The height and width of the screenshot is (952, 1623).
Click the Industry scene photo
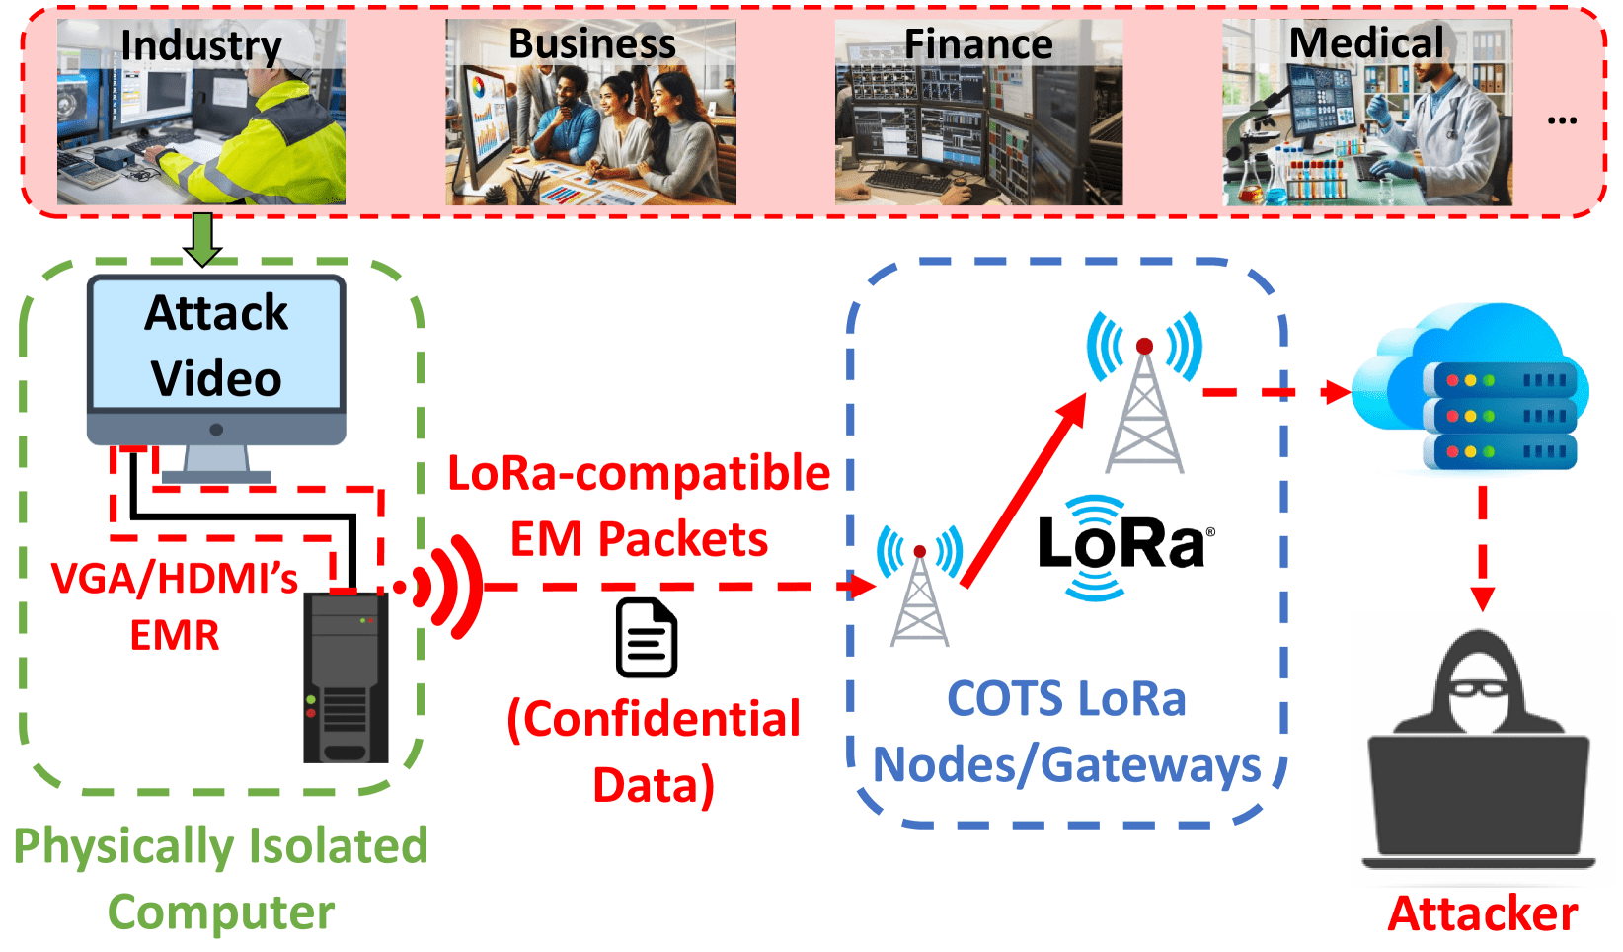(200, 113)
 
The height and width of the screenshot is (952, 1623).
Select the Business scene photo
(590, 113)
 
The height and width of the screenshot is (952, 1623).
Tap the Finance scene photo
(978, 113)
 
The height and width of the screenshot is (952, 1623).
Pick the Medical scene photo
(1366, 113)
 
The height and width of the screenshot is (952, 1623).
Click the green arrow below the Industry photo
(202, 238)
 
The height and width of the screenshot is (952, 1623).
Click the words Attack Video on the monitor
(216, 346)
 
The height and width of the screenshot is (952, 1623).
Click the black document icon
(647, 638)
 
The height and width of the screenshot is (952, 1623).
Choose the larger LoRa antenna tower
(1144, 395)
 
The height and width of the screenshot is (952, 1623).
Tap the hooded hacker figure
(1479, 751)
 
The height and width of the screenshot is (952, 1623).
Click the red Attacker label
(1482, 914)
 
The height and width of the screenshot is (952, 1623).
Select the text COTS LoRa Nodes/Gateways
(1066, 732)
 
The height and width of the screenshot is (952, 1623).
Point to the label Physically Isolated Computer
(220, 879)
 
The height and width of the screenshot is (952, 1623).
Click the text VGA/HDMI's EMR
(175, 606)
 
